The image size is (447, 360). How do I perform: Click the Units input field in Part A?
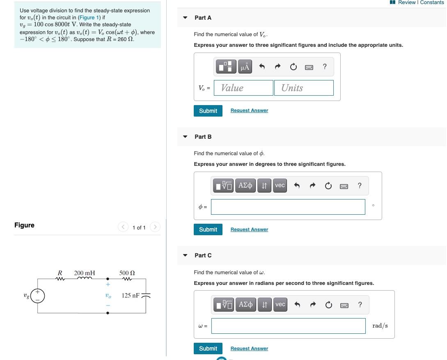pyautogui.click(x=304, y=88)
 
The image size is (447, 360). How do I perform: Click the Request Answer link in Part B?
pyautogui.click(x=249, y=229)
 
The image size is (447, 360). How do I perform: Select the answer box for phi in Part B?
pyautogui.click(x=288, y=207)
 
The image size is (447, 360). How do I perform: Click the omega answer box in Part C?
pyautogui.click(x=288, y=326)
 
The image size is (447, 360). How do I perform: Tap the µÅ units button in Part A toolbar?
pyautogui.click(x=245, y=67)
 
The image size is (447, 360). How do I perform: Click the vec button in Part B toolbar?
pyautogui.click(x=280, y=186)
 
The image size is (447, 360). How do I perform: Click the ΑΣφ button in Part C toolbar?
pyautogui.click(x=245, y=305)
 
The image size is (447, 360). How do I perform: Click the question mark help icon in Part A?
pyautogui.click(x=325, y=67)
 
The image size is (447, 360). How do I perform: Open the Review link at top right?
pyautogui.click(x=406, y=2)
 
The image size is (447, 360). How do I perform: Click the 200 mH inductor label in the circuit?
pyautogui.click(x=85, y=273)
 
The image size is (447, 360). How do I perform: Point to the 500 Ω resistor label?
pyautogui.click(x=127, y=273)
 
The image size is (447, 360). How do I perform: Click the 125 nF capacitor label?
pyautogui.click(x=131, y=295)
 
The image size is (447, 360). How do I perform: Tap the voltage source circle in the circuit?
pyautogui.click(x=38, y=296)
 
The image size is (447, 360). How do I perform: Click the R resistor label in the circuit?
pyautogui.click(x=60, y=273)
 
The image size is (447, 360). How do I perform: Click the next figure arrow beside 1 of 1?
pyautogui.click(x=155, y=227)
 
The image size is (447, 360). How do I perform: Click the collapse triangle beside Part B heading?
pyautogui.click(x=185, y=137)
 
